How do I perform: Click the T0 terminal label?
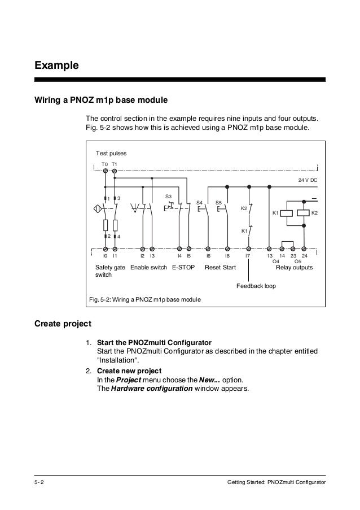click(x=104, y=164)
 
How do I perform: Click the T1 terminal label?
click(x=114, y=164)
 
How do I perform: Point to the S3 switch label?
click(x=168, y=197)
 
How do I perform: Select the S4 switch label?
click(x=199, y=202)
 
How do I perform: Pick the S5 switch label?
click(x=219, y=202)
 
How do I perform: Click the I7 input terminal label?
click(x=247, y=256)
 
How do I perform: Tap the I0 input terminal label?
click(x=105, y=256)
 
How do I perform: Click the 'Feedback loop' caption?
click(x=256, y=286)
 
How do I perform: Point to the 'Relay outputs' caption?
click(x=294, y=267)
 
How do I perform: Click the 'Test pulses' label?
click(x=111, y=154)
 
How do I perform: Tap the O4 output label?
click(x=276, y=261)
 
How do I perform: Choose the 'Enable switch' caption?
click(x=148, y=267)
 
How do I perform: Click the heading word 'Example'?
click(x=56, y=66)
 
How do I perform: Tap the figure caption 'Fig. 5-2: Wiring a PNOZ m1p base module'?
click(x=145, y=298)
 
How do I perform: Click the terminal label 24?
click(x=304, y=256)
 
